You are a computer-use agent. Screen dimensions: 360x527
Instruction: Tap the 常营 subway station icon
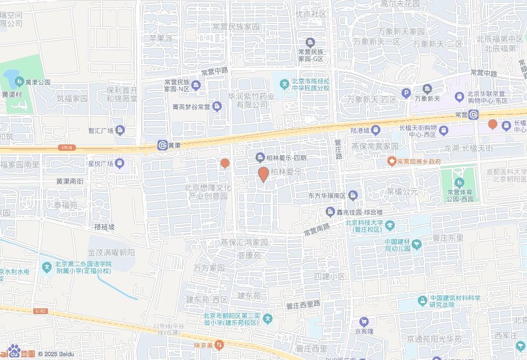474,114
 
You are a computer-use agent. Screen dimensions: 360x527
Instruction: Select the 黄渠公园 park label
33,82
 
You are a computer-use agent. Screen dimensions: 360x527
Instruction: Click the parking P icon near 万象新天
406,93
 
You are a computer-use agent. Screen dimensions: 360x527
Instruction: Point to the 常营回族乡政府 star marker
392,161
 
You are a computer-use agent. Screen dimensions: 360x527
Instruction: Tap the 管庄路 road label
338,149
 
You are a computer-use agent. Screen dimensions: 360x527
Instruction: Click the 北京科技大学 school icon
389,226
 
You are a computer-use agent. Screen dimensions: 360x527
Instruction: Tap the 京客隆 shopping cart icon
364,322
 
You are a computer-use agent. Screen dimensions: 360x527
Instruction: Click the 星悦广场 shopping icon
120,163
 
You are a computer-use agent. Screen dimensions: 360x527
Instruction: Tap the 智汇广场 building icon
120,130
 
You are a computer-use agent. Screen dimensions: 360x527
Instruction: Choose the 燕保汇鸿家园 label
245,243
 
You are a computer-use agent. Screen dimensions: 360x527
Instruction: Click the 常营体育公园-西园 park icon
461,182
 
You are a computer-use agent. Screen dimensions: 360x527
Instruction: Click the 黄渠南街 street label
70,181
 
